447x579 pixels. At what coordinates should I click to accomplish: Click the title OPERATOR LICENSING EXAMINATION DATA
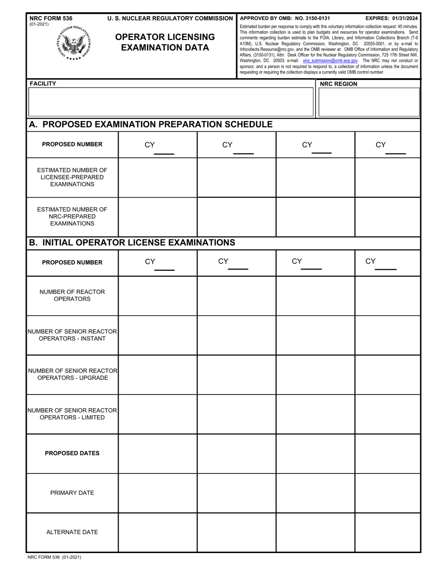click(165, 42)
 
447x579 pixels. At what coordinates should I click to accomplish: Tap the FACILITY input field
click(171, 102)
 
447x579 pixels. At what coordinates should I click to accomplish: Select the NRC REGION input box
click(369, 102)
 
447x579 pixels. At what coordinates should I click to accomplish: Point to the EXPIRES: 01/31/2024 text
click(391, 18)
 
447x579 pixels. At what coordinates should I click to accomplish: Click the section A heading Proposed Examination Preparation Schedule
click(151, 124)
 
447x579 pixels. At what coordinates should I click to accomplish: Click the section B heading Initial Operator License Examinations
click(132, 242)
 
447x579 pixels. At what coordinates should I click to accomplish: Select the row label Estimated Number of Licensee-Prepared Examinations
click(72, 177)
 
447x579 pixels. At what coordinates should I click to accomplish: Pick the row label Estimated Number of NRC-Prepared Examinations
click(72, 217)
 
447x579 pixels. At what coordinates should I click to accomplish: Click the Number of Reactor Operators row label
click(72, 295)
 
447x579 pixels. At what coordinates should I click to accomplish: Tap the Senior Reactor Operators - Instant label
click(72, 335)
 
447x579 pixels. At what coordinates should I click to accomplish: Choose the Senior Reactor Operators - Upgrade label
click(72, 374)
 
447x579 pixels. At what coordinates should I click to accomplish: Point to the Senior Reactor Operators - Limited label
click(72, 414)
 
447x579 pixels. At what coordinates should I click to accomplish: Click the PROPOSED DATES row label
click(72, 453)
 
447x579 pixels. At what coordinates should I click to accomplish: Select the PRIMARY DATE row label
click(72, 493)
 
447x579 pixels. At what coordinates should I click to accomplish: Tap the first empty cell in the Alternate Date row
click(157, 532)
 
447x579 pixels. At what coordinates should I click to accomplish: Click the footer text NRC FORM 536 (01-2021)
click(55, 557)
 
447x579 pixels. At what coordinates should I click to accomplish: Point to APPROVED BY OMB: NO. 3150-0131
click(285, 18)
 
